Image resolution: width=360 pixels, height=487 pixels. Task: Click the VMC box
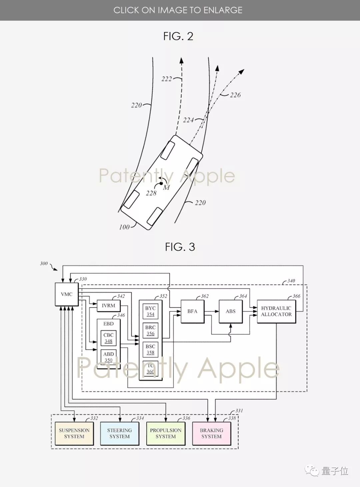click(x=67, y=294)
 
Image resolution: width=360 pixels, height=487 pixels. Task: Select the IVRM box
click(x=108, y=306)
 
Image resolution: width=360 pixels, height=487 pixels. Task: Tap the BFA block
click(x=192, y=311)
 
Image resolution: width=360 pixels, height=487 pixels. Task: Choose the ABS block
click(x=230, y=311)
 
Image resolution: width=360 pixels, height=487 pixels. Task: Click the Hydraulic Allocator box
click(x=276, y=311)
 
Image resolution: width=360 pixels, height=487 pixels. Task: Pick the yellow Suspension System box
click(x=74, y=433)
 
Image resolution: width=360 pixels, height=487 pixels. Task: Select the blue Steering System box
click(x=119, y=433)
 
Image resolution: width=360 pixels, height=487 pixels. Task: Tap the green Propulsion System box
click(x=166, y=433)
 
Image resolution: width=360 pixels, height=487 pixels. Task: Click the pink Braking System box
click(x=212, y=433)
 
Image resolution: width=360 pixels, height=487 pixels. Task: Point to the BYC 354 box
click(x=150, y=311)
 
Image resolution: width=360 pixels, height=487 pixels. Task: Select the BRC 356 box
click(x=150, y=330)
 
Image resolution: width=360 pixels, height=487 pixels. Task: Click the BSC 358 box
click(x=150, y=349)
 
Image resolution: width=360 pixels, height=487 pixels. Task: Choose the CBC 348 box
click(x=108, y=338)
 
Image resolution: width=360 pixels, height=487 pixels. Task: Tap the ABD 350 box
click(x=108, y=357)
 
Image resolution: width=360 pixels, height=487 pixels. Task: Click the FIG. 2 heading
click(x=178, y=36)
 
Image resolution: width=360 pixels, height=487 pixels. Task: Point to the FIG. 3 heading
click(x=180, y=247)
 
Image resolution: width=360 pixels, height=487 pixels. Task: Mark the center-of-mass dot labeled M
click(x=161, y=183)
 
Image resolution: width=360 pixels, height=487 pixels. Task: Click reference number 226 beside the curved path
click(x=235, y=95)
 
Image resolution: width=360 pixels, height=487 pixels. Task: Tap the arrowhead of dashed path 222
click(x=182, y=60)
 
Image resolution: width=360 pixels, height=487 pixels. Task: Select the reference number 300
click(x=44, y=264)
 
